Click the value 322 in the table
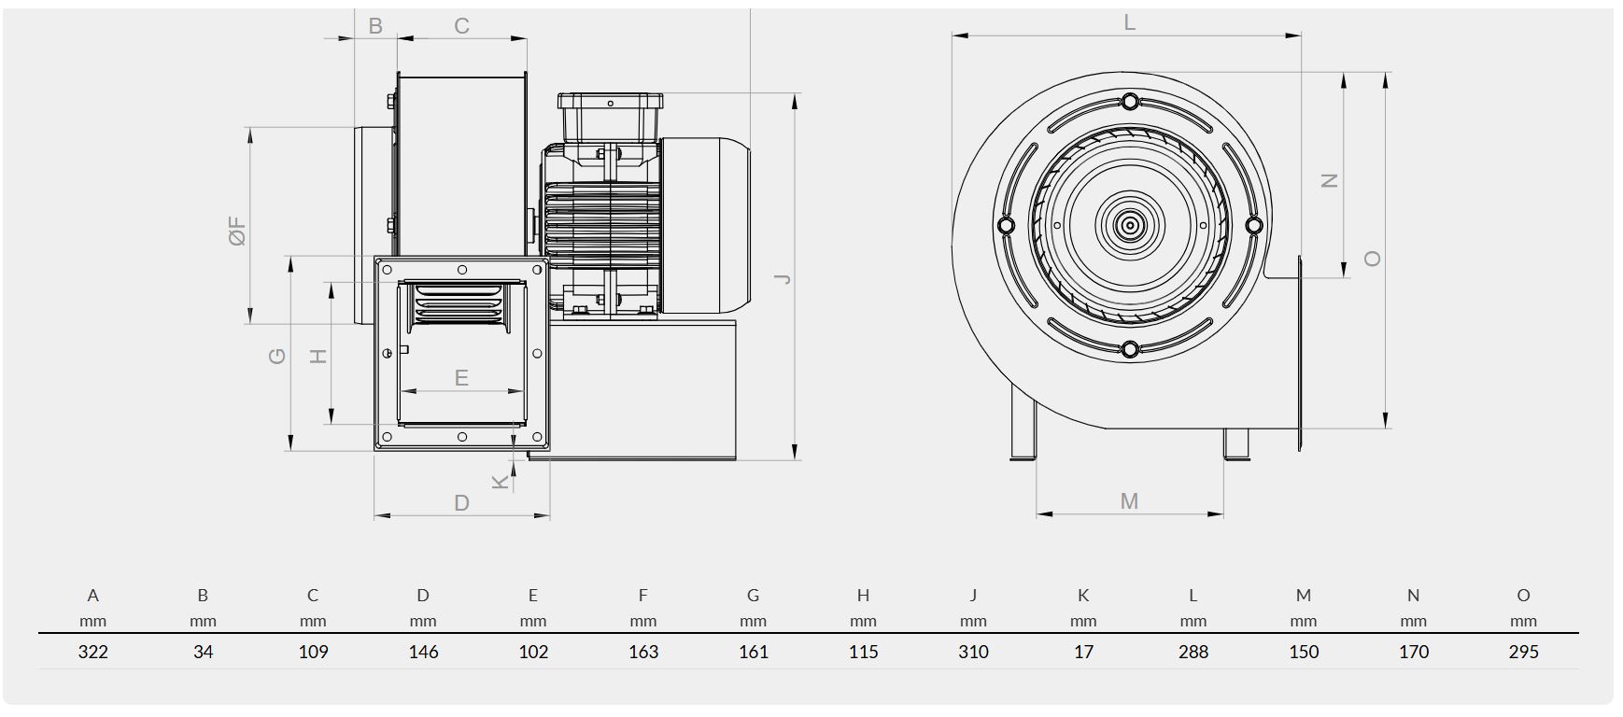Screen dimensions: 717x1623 [93, 652]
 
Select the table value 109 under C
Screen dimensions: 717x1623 [313, 652]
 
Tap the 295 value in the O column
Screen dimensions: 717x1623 [1523, 652]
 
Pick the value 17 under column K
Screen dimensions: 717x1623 [1083, 652]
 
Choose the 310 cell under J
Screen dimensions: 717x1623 [973, 652]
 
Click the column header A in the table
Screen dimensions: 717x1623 [93, 595]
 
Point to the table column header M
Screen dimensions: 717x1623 [1304, 595]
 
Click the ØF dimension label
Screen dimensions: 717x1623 [237, 230]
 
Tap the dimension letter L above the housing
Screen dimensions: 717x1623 [1130, 22]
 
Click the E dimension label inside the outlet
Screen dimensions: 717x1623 [461, 378]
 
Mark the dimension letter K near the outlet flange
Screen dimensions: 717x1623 [501, 481]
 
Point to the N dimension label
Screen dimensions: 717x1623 [1330, 181]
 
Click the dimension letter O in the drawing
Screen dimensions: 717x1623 [1372, 259]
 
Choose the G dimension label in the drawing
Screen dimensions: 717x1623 [277, 356]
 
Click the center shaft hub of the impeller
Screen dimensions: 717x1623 [1130, 225]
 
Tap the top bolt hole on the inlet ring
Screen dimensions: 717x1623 [1130, 101]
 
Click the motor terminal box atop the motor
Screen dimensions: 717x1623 [610, 114]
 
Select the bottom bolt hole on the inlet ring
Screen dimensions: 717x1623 [1130, 349]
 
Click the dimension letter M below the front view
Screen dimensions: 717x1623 [1129, 502]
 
